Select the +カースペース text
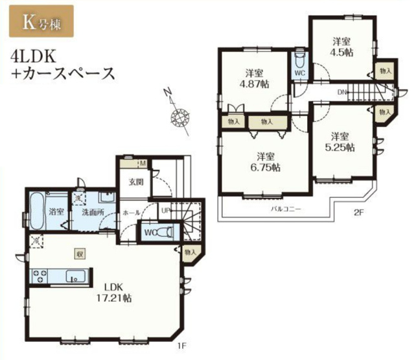[62, 73]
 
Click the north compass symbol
[176, 117]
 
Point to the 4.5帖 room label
[341, 47]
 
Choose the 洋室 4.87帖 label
[254, 78]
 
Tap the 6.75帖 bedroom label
[264, 162]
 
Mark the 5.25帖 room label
[340, 142]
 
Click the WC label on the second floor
[300, 74]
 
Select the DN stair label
[341, 93]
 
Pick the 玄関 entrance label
[135, 181]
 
